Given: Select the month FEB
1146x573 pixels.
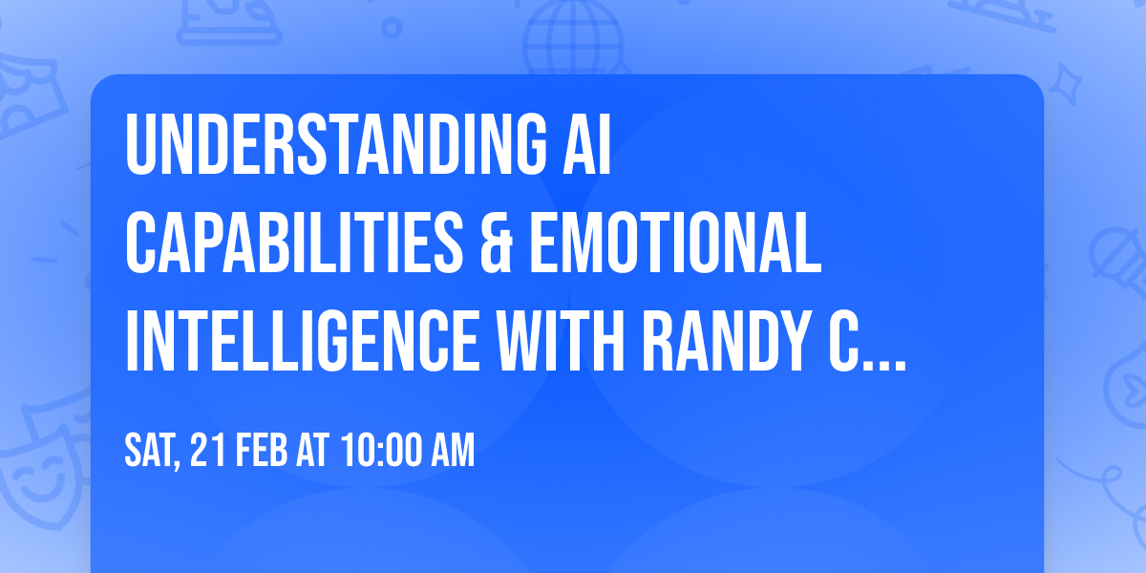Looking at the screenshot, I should (263, 452).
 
